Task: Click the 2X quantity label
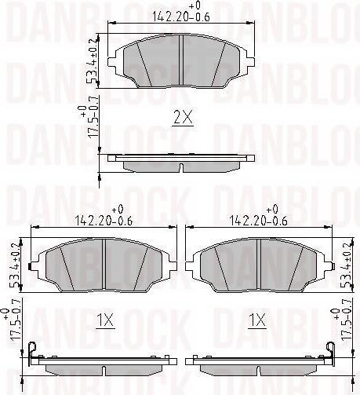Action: point(182,119)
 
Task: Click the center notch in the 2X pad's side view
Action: point(182,168)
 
